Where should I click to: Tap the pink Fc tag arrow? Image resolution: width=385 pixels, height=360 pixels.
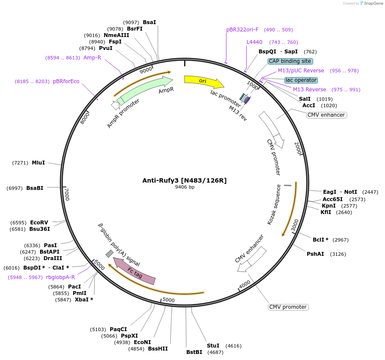coord(134,271)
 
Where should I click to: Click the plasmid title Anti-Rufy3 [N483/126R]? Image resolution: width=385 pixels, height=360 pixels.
coord(185,180)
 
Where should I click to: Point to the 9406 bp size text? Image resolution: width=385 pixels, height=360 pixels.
coord(185,187)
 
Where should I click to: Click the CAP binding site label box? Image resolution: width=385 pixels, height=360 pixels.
coord(290,61)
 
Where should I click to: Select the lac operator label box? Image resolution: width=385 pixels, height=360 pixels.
coord(301,80)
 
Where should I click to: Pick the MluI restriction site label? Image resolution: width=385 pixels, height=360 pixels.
coord(38,163)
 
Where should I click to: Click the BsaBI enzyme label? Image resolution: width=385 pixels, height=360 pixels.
coord(35,188)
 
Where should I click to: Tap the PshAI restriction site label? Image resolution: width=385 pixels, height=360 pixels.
coord(315,254)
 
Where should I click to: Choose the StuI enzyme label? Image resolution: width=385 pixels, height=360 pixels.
coord(213,345)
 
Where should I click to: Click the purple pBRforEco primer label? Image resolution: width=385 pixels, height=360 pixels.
coord(66,81)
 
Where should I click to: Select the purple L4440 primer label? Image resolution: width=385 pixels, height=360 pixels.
coord(254,42)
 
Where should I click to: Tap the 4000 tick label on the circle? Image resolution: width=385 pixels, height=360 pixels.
coord(244,285)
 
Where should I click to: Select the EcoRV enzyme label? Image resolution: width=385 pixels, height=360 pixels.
coord(39,222)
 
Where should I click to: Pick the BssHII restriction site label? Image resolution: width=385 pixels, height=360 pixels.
coord(157,349)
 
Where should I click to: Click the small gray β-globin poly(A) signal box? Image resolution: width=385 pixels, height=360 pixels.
coord(110,254)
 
